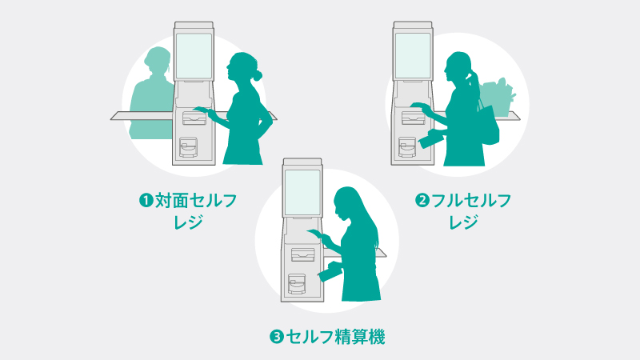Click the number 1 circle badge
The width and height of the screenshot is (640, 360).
tap(146, 201)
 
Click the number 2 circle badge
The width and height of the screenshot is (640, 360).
tap(422, 201)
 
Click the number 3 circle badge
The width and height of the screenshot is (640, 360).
tap(276, 337)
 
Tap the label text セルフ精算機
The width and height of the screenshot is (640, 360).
tap(335, 337)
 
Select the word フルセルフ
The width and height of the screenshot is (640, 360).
tap(471, 201)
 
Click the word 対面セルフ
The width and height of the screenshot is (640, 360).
tap(195, 201)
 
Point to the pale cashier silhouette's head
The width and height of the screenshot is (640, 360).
tap(157, 61)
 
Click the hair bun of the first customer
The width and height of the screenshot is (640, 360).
tap(258, 75)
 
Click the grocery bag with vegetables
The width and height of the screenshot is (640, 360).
tap(495, 97)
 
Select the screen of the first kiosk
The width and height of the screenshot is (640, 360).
tap(194, 56)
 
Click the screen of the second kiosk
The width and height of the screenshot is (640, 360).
tap(413, 56)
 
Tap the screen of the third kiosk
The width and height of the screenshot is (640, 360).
tap(302, 193)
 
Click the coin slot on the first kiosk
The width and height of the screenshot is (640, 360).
tap(188, 147)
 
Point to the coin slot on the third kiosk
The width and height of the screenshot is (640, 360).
tap(297, 284)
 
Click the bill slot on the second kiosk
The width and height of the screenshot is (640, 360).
tap(414, 118)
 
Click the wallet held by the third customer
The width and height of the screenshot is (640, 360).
tap(330, 272)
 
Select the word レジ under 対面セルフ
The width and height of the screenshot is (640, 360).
tap(188, 222)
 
